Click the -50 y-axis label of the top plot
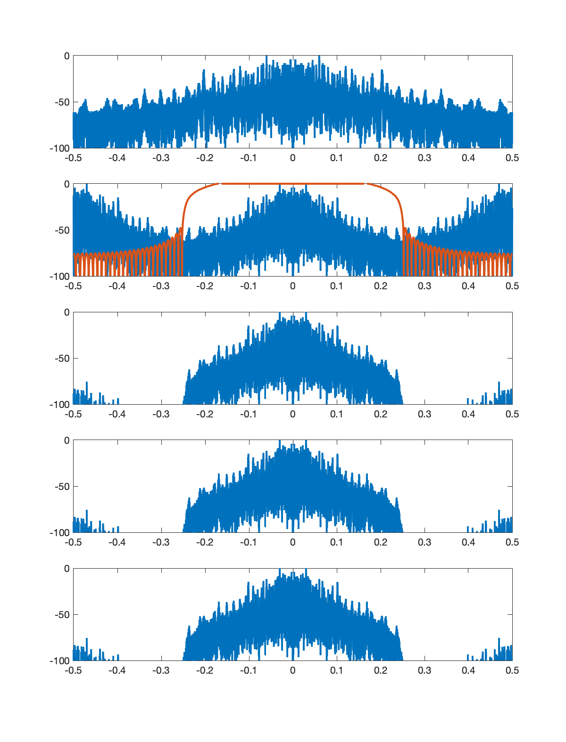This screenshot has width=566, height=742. click(62, 102)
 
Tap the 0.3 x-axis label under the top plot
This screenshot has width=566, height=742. click(424, 158)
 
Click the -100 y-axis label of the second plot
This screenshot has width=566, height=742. click(59, 277)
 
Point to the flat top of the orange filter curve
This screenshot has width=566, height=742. click(292, 184)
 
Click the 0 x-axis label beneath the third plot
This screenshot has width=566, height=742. click(292, 414)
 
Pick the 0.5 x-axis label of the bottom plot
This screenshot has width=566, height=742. click(512, 670)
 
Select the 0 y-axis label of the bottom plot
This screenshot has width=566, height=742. click(67, 569)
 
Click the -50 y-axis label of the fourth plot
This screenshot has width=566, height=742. click(62, 487)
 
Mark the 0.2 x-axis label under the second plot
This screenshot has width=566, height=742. click(381, 286)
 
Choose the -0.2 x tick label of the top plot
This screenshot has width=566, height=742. click(205, 158)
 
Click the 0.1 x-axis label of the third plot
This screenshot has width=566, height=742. click(336, 414)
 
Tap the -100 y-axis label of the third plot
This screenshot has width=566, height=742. click(59, 405)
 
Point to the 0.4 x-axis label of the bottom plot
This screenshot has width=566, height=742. click(468, 670)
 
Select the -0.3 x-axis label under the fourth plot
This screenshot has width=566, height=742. click(161, 542)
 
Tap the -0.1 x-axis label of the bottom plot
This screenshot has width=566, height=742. click(249, 670)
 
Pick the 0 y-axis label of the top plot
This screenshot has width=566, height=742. click(67, 56)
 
